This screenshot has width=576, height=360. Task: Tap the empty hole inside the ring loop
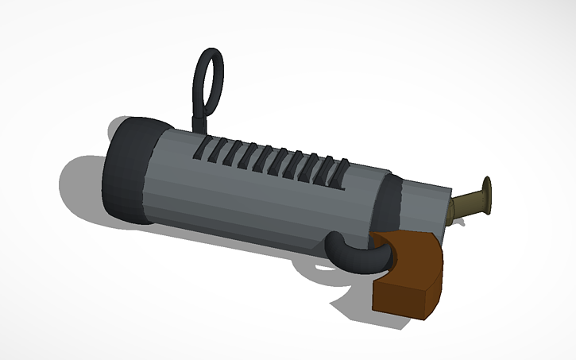211,79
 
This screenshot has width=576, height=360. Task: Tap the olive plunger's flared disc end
486,192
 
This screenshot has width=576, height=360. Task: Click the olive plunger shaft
467,203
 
